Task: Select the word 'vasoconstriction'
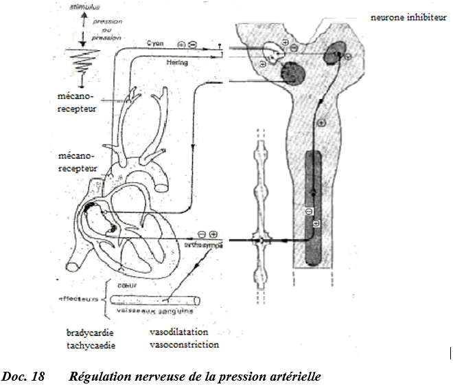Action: [x=184, y=344]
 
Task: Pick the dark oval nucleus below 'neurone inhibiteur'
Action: [x=336, y=49]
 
